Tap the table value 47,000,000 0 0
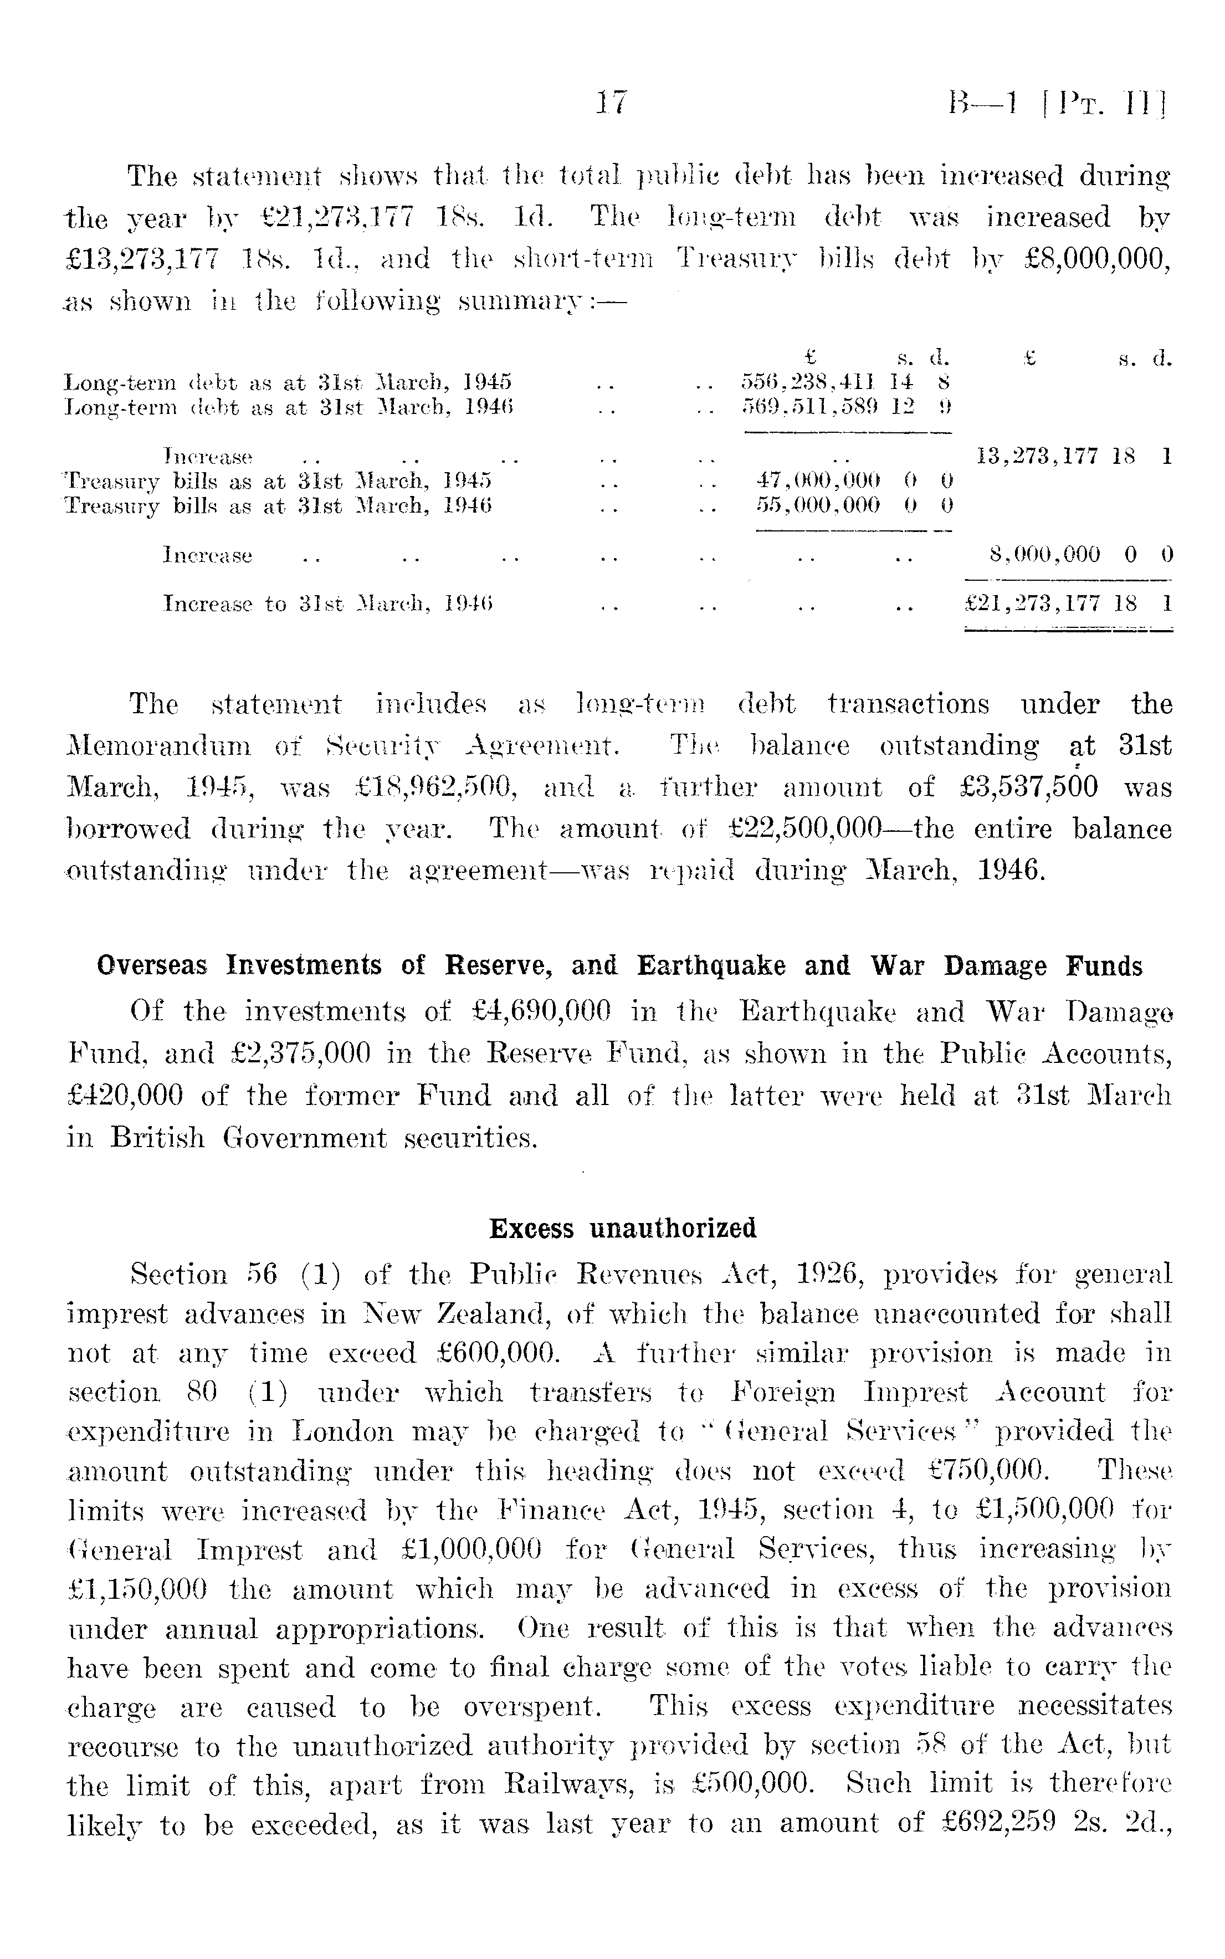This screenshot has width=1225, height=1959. point(852,480)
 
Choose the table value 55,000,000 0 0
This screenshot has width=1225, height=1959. point(852,505)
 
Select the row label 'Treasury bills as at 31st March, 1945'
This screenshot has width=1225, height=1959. point(278,481)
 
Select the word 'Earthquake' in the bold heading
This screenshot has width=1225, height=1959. point(710,966)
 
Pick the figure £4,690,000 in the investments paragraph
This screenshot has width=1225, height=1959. point(540,1012)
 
